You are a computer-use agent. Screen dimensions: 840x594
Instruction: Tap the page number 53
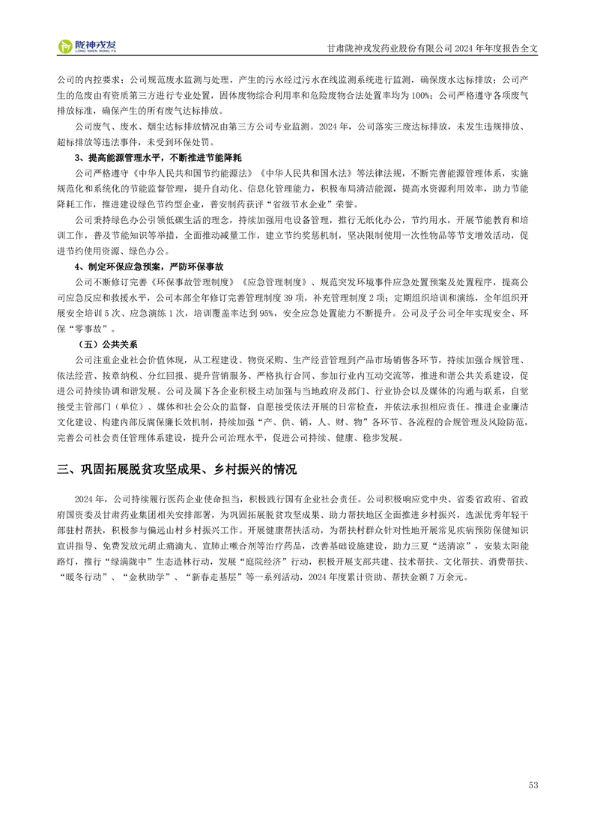tap(533, 785)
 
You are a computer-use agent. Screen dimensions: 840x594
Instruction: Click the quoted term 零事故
tap(96, 329)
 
